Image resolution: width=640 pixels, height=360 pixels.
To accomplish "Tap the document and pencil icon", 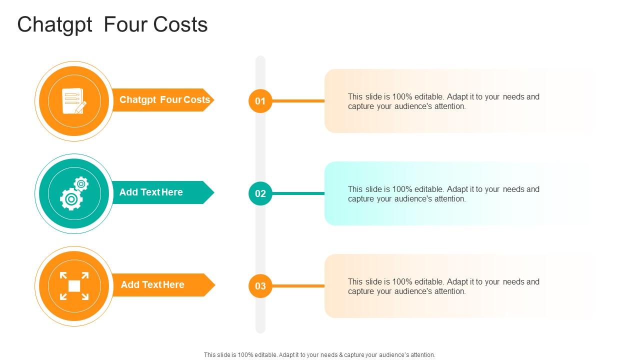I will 73,101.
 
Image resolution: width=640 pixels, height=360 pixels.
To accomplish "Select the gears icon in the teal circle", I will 73,193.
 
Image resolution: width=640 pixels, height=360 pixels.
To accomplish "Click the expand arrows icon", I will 74,286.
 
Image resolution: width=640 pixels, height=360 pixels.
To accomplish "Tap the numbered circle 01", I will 260,101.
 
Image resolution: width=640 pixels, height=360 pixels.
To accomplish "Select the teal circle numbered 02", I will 260,193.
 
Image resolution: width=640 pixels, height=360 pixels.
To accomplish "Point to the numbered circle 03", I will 260,286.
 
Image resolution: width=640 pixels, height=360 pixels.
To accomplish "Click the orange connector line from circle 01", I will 298,101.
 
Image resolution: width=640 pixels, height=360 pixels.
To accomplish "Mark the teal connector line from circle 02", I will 298,193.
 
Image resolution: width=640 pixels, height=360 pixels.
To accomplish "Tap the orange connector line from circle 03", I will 298,286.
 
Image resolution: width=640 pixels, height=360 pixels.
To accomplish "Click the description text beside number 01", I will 443,101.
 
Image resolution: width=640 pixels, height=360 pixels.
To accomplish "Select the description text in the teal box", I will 443,194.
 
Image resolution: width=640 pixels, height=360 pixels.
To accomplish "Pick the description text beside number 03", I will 443,286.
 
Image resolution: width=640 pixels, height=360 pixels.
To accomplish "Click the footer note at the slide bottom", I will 319,355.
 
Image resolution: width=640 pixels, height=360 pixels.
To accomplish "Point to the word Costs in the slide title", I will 181,25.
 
